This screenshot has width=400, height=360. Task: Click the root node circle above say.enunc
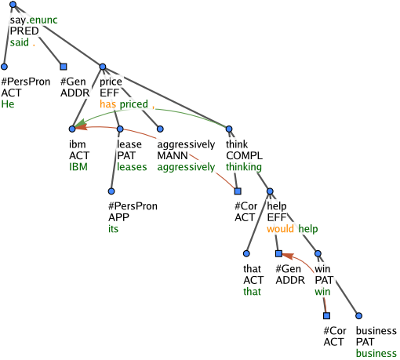tap(13, 5)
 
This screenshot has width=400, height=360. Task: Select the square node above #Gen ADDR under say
tap(64, 67)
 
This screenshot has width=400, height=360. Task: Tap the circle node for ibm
tap(72, 129)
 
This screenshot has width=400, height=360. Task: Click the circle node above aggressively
tap(160, 129)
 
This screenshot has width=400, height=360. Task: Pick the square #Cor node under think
tap(238, 191)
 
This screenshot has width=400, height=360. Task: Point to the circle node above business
tap(358, 316)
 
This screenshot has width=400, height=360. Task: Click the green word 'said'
tap(20, 42)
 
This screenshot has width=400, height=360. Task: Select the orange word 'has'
tap(107, 104)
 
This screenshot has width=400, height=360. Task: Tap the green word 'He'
tap(8, 104)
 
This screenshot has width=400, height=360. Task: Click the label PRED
tap(24, 31)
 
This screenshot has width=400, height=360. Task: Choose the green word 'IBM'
tap(78, 167)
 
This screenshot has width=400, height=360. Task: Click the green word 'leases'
tap(132, 167)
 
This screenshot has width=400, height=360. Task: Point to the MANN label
tap(173, 155)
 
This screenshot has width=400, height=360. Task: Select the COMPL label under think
tap(244, 155)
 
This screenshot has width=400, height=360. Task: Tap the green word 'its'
tap(114, 229)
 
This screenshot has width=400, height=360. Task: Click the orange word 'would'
tap(280, 229)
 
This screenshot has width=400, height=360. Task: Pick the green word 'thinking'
tap(244, 167)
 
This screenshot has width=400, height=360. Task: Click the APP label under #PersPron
tap(118, 217)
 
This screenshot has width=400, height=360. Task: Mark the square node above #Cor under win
tap(326, 316)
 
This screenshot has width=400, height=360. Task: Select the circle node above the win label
tap(318, 253)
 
